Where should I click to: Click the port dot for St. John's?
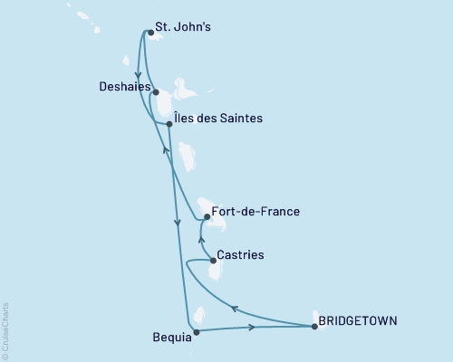coord(150,33)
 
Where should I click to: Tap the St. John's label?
coord(184,27)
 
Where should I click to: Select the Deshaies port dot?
coord(156,92)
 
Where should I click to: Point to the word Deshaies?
coord(124,88)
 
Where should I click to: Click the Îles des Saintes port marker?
coord(169,124)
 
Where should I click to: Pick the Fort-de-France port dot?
coord(207,217)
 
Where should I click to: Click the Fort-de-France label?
coord(255,213)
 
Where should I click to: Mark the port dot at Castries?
coord(213,261)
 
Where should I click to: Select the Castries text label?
coord(242,256)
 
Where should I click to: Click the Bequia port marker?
coord(195,331)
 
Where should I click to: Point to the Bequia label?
coord(172,337)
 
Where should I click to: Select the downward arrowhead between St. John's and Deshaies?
coord(137,76)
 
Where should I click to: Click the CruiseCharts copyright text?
coord(5,330)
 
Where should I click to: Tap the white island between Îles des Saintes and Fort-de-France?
coord(187,156)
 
